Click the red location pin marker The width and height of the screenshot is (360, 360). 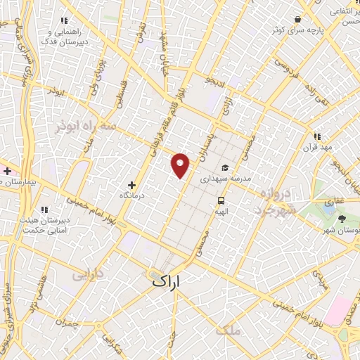point(181,165)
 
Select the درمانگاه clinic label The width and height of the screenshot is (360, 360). point(131,195)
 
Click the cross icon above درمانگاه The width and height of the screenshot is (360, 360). point(131,184)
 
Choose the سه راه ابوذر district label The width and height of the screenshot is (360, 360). point(84,127)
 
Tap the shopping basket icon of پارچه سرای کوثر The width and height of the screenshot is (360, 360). point(298,20)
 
